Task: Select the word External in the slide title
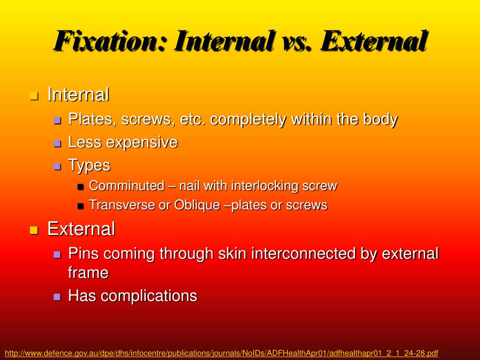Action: coord(374,41)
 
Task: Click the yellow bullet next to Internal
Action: coord(33,96)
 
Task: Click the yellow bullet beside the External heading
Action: coord(33,230)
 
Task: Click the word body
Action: coord(380,120)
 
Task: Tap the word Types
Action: coord(89,165)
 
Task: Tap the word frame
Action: coord(88,273)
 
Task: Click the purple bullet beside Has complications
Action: coord(57,297)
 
